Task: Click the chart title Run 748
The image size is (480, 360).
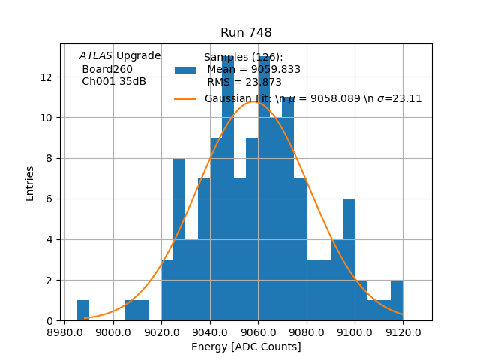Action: pyautogui.click(x=246, y=33)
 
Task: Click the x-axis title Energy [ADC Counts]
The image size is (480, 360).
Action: pyautogui.click(x=246, y=346)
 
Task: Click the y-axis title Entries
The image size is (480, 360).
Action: pyautogui.click(x=30, y=183)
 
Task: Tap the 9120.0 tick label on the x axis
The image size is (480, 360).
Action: pyautogui.click(x=403, y=331)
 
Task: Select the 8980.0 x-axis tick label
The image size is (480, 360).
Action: pyautogui.click(x=65, y=331)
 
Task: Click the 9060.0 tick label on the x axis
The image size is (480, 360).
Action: pyautogui.click(x=258, y=331)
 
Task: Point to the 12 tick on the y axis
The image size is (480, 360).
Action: pyautogui.click(x=46, y=77)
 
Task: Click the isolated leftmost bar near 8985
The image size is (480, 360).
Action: pyautogui.click(x=83, y=310)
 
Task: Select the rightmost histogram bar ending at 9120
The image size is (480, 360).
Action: pyautogui.click(x=397, y=301)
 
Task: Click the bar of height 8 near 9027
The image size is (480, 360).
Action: pyautogui.click(x=179, y=240)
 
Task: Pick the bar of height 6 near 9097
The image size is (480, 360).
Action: pyautogui.click(x=349, y=260)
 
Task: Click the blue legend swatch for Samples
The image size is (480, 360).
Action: pyautogui.click(x=185, y=70)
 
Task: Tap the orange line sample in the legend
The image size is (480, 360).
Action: pyautogui.click(x=185, y=98)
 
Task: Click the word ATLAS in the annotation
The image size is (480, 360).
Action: pyautogui.click(x=96, y=56)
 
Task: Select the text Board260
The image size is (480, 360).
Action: pyautogui.click(x=107, y=69)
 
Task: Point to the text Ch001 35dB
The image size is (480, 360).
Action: pyautogui.click(x=114, y=82)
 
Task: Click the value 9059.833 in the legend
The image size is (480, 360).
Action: pyautogui.click(x=273, y=70)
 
